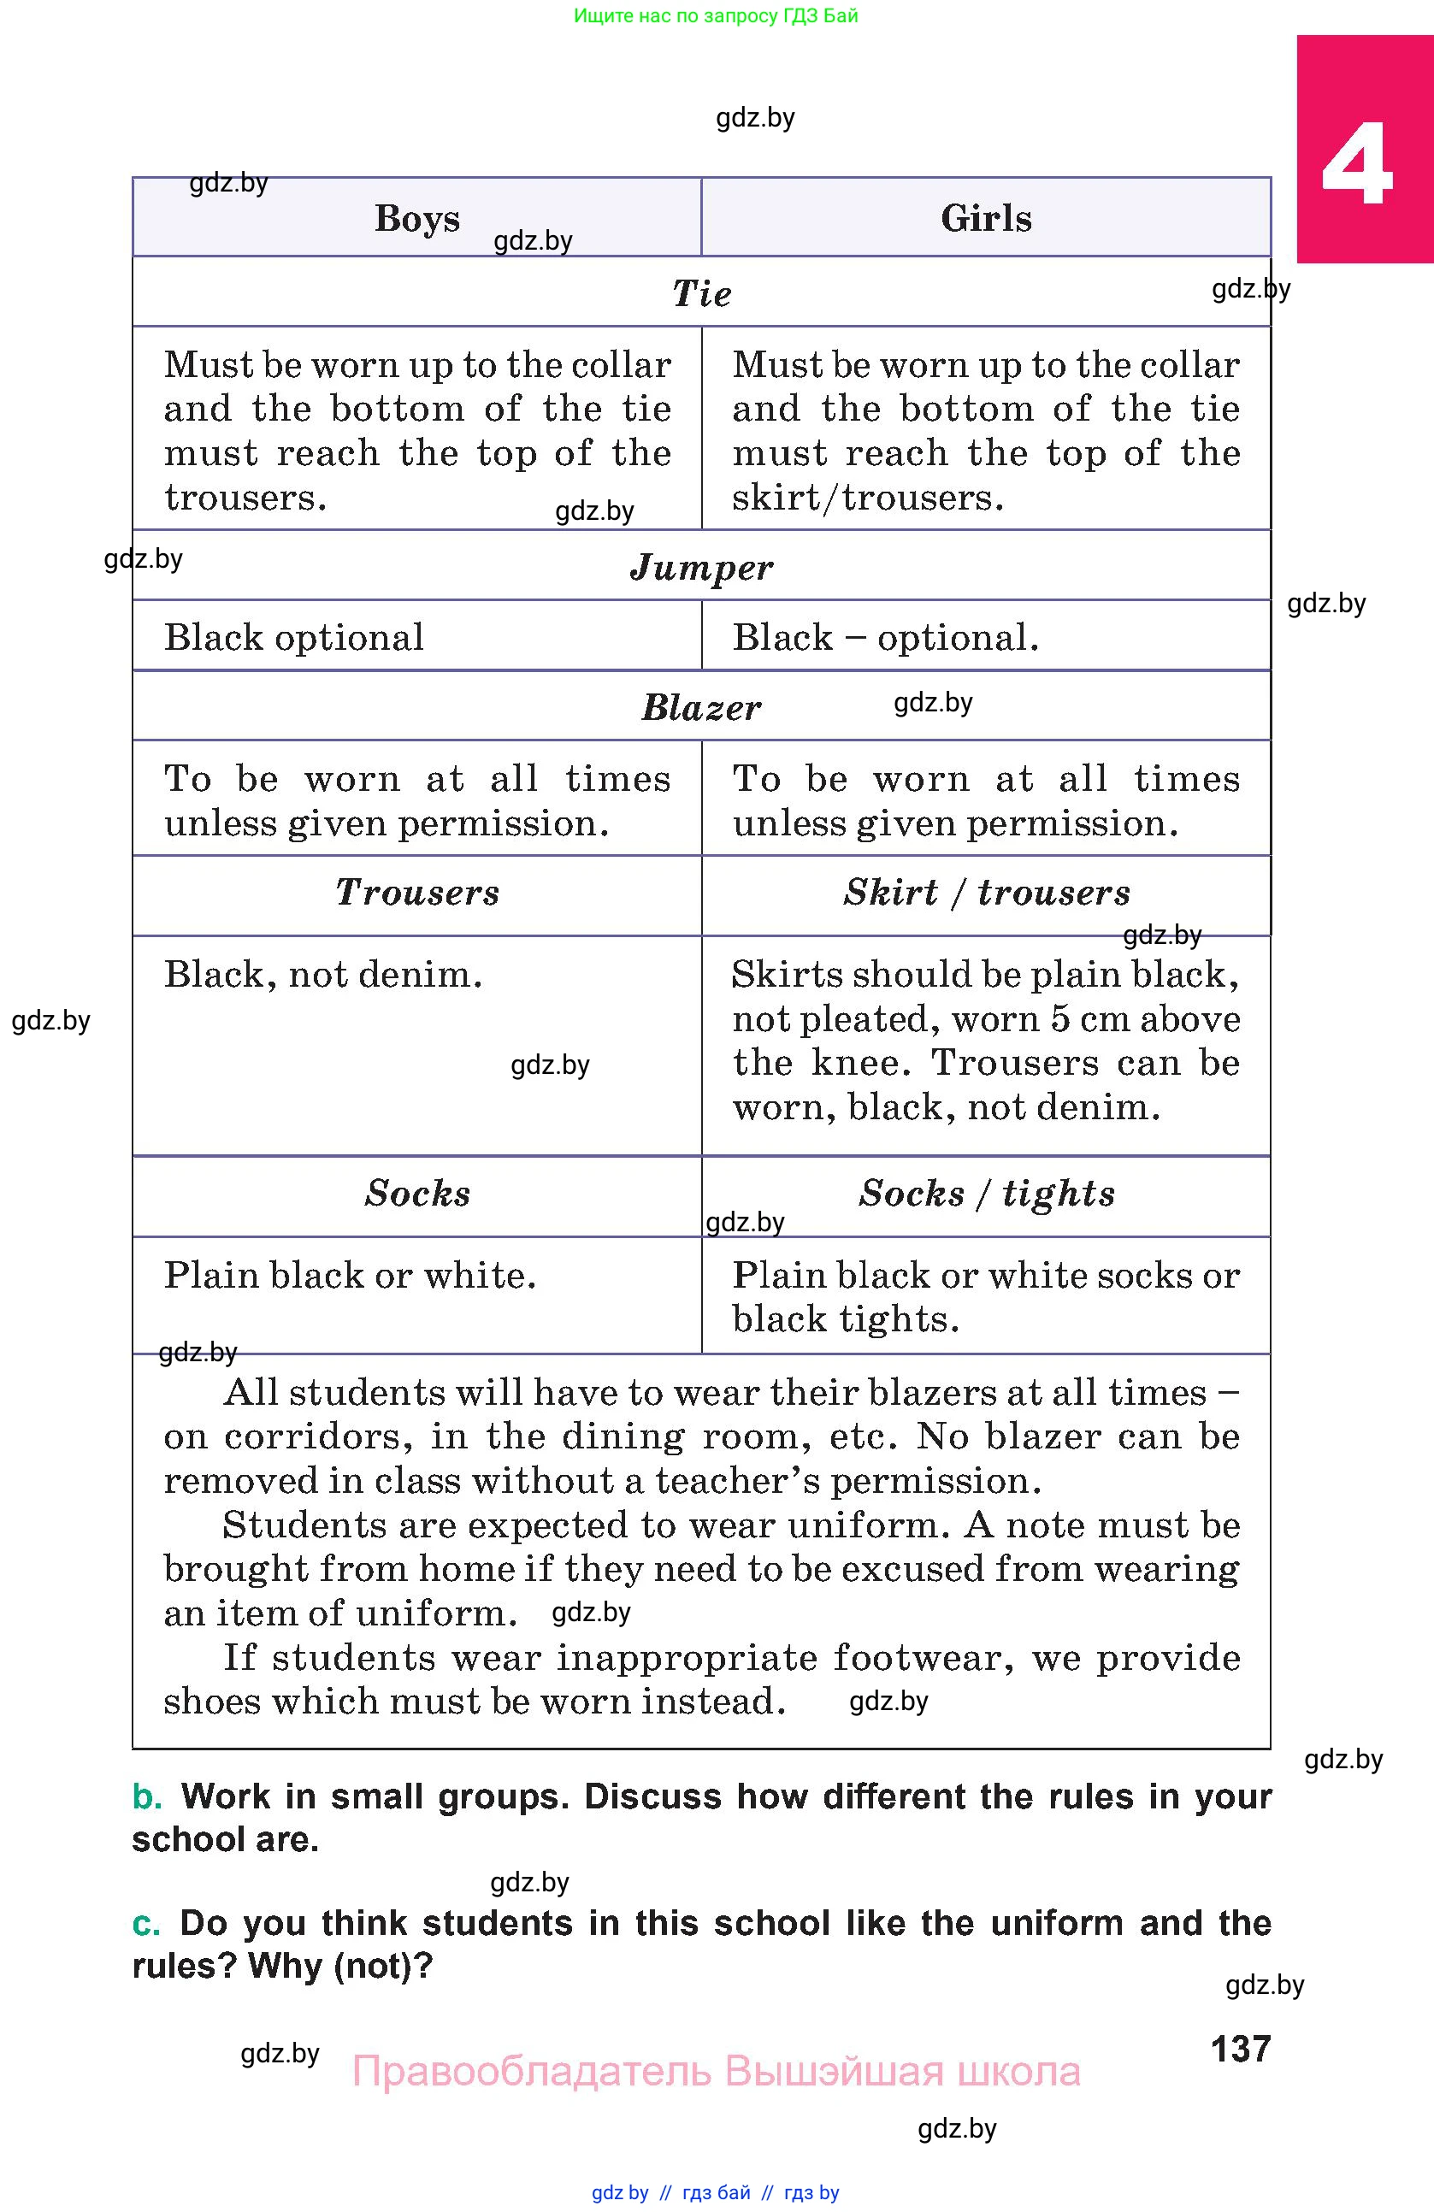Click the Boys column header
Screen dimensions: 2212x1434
pyautogui.click(x=417, y=218)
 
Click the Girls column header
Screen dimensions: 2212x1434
pyautogui.click(x=986, y=218)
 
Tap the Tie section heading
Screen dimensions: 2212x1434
pyautogui.click(x=702, y=293)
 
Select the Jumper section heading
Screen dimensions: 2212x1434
pyautogui.click(x=702, y=567)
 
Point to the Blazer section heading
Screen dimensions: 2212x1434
pyautogui.click(x=702, y=708)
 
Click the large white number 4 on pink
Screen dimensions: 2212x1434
pyautogui.click(x=1358, y=165)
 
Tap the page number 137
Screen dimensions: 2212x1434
pyautogui.click(x=1241, y=2049)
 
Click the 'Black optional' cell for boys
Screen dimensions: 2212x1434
pyautogui.click(x=293, y=638)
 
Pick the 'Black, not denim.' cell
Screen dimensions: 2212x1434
pyautogui.click(x=323, y=974)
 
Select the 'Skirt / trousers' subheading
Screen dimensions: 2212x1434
pyautogui.click(x=987, y=892)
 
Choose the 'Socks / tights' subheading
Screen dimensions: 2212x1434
pyautogui.click(x=987, y=1194)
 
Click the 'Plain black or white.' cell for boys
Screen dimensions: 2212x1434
pyautogui.click(x=350, y=1275)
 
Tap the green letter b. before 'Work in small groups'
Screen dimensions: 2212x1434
pyautogui.click(x=147, y=1796)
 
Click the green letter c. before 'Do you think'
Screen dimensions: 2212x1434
pyautogui.click(x=146, y=1923)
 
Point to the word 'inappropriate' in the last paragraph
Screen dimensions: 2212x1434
pyautogui.click(x=686, y=1657)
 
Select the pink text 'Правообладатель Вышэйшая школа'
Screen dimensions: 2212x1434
pyautogui.click(x=716, y=2072)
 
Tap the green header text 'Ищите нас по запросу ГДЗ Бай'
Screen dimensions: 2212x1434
pyautogui.click(x=716, y=15)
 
